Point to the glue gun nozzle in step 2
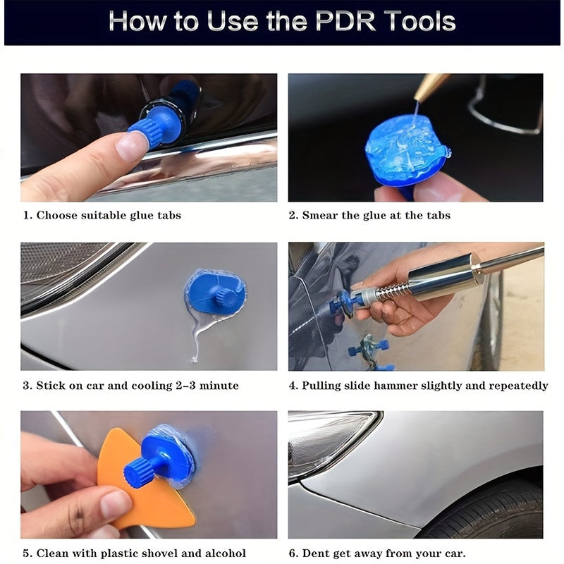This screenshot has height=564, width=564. point(429,88)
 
